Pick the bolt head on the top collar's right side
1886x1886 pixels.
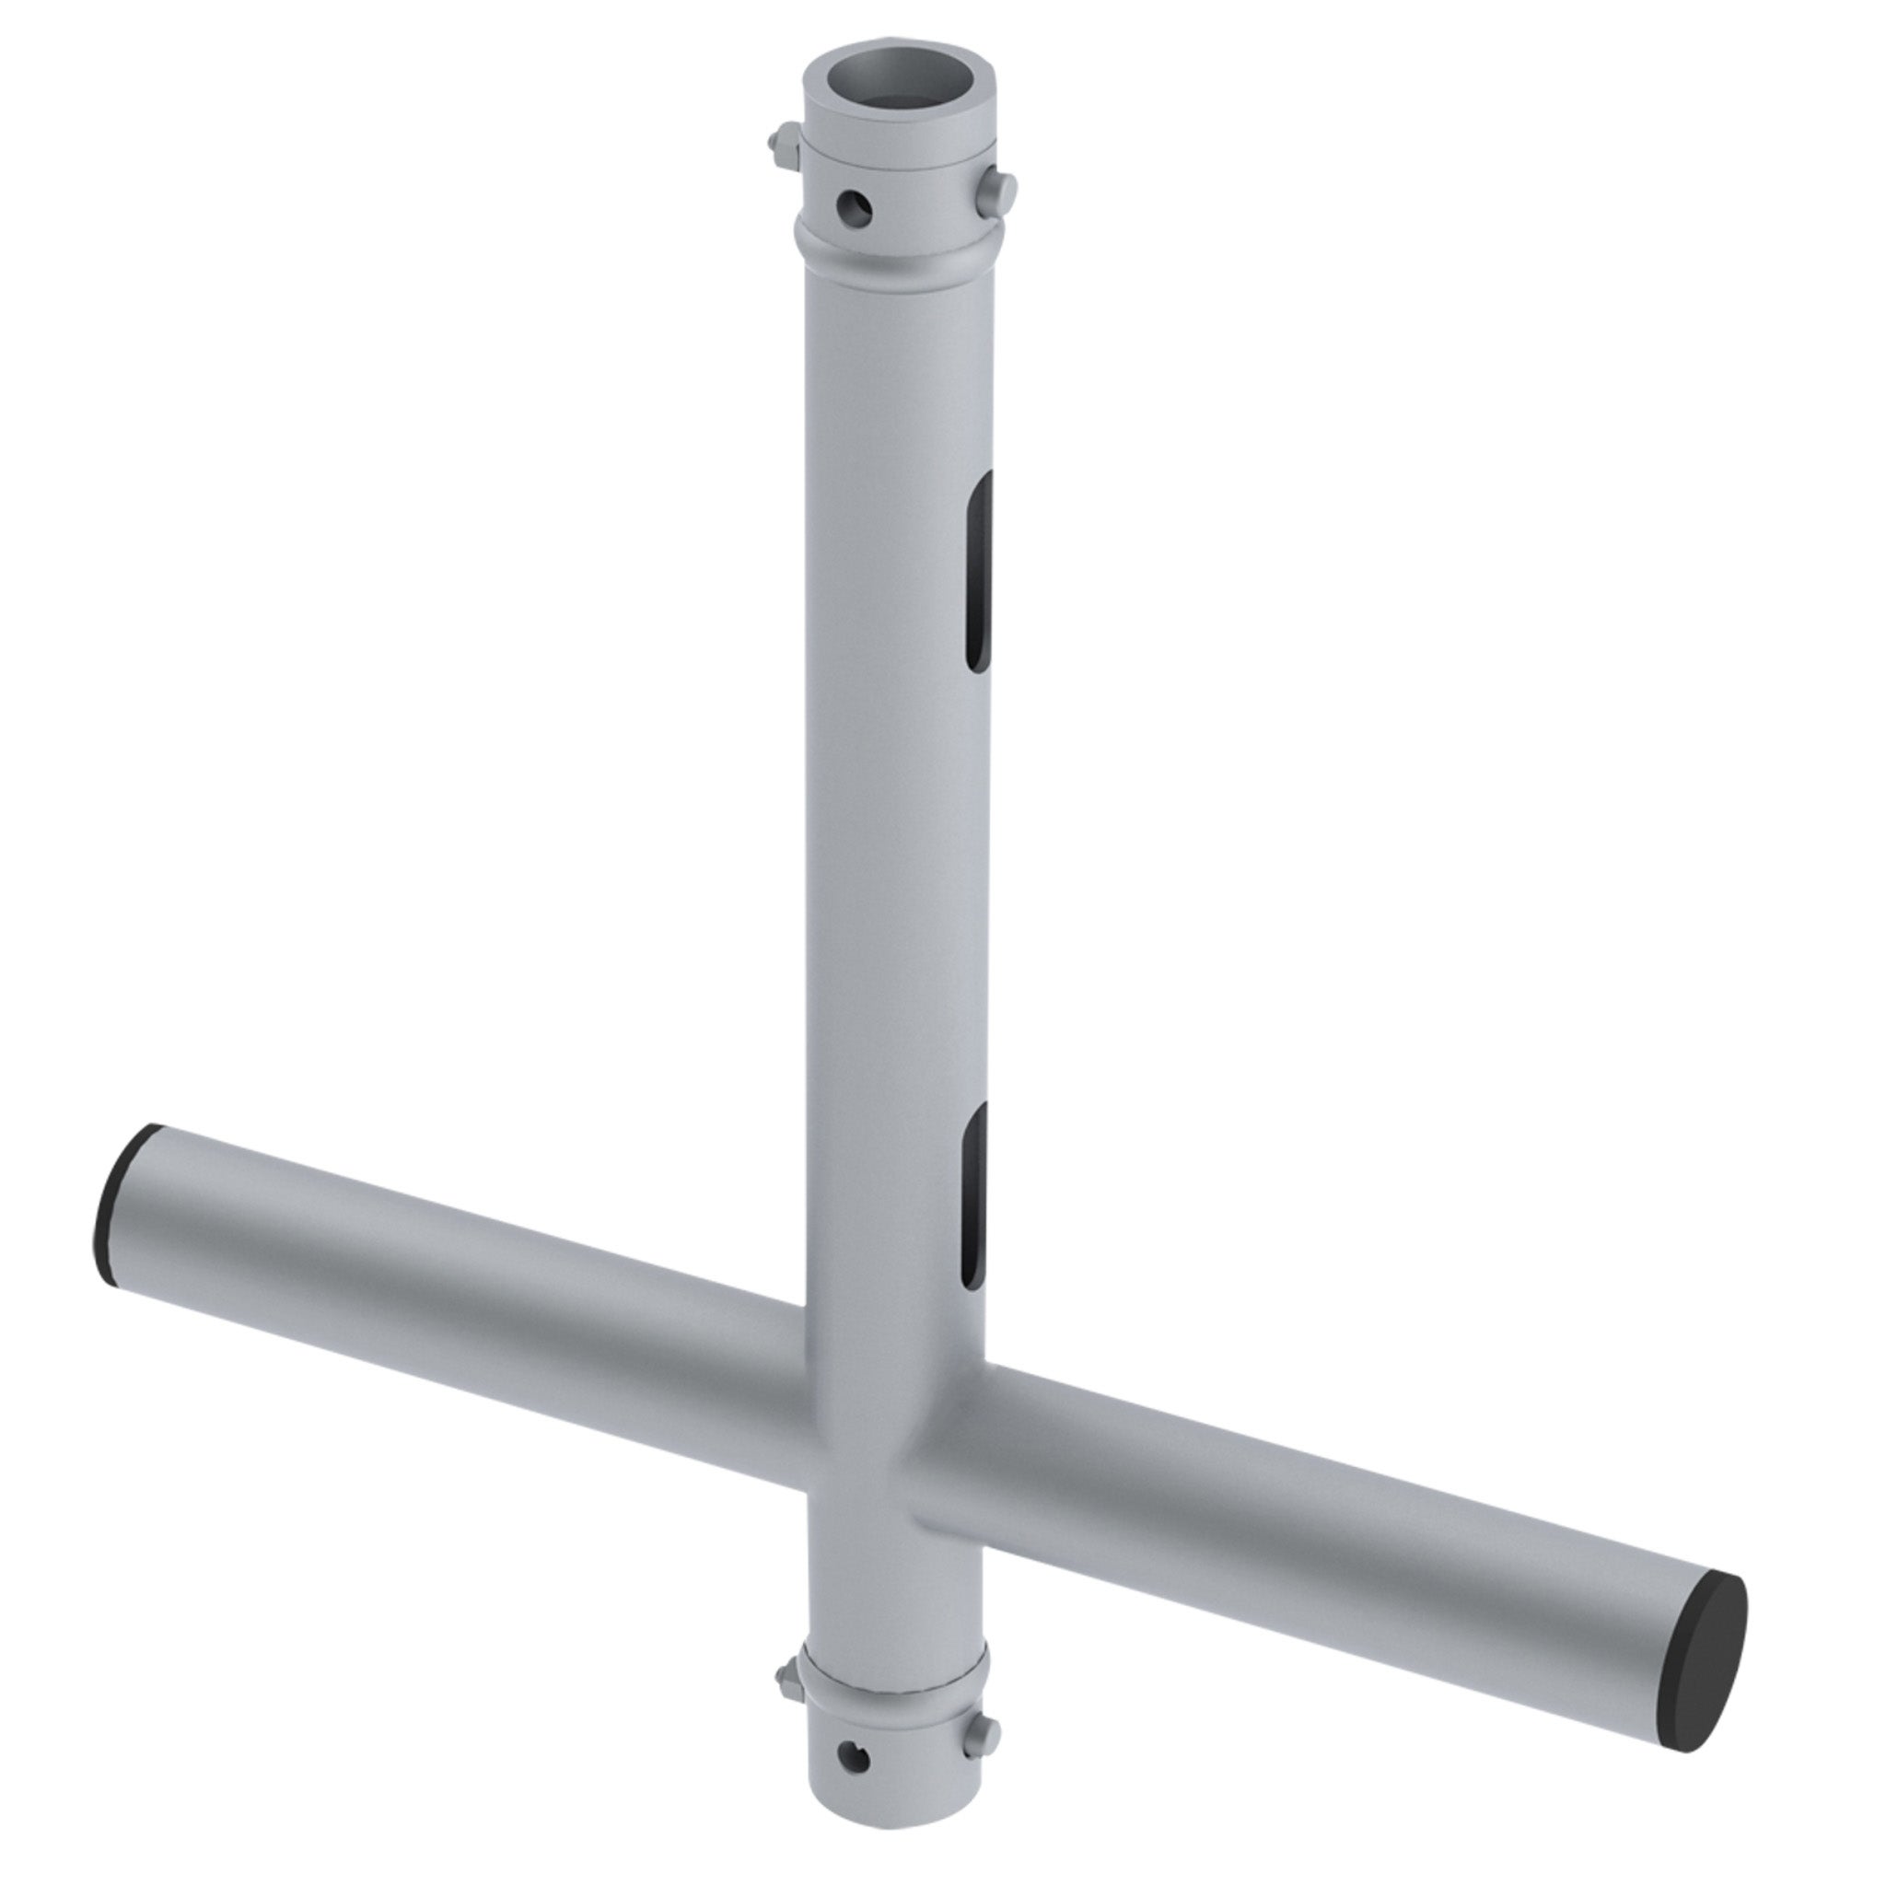(x=1003, y=188)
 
